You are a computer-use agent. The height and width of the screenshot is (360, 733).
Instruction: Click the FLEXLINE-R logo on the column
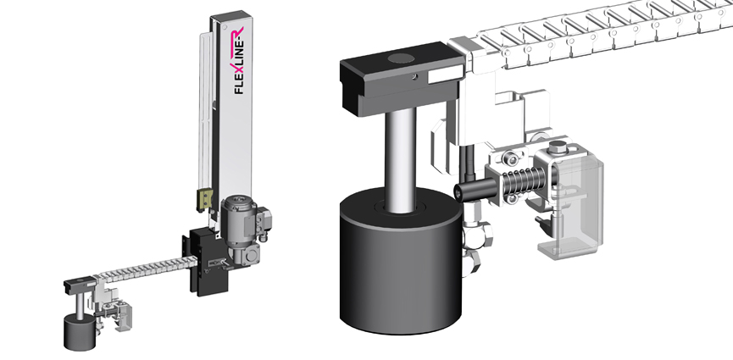click(x=238, y=60)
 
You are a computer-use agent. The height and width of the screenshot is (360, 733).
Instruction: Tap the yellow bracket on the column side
click(x=205, y=200)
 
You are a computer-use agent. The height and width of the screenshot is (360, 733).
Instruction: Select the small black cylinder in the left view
click(x=80, y=332)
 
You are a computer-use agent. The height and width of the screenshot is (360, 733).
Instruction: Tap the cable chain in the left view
click(x=145, y=269)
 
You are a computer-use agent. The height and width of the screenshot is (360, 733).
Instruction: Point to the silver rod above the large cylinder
click(x=400, y=158)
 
